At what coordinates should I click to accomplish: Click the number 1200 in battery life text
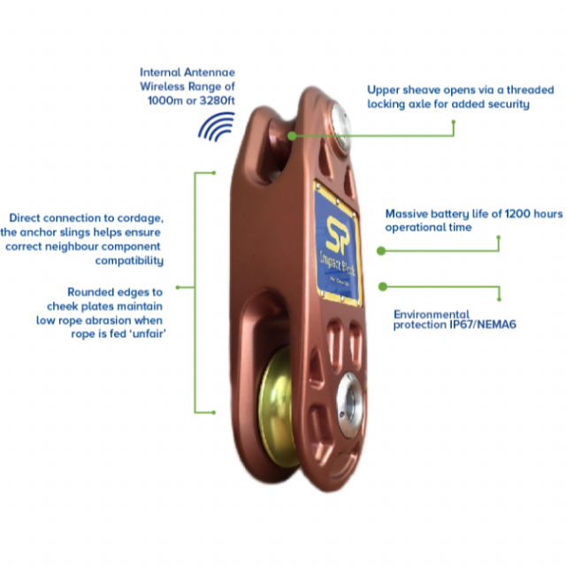click(508, 214)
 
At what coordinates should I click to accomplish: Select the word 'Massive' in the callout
click(409, 214)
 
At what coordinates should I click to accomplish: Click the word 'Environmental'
click(432, 314)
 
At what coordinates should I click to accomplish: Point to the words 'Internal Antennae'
click(185, 72)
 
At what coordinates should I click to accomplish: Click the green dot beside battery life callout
click(381, 251)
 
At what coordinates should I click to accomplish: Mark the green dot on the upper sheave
click(292, 136)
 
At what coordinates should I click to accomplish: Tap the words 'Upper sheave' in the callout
click(402, 89)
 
